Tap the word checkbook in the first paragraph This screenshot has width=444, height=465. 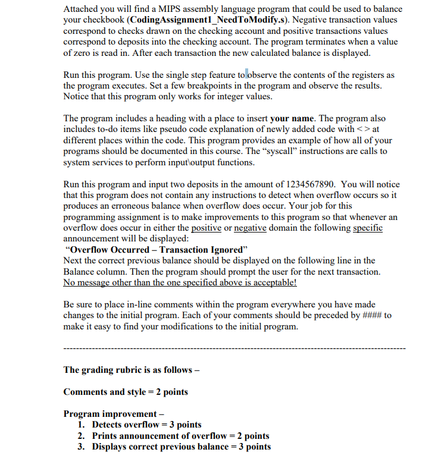click(x=104, y=20)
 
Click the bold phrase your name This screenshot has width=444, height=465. click(x=289, y=119)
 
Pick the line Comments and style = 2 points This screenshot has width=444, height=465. click(x=126, y=392)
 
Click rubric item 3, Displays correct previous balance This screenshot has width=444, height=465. click(x=181, y=447)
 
